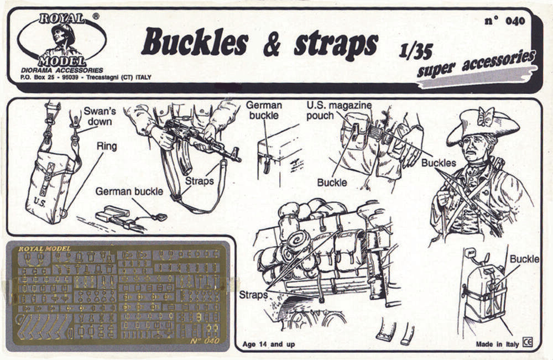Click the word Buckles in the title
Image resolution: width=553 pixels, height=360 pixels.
point(195,43)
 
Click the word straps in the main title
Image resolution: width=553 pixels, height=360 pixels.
point(336,46)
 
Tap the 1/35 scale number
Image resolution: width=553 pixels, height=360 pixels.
point(415,51)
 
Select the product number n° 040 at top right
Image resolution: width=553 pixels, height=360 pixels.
point(505,21)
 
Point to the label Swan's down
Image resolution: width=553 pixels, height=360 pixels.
point(100,116)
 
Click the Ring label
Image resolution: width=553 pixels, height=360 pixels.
point(106,146)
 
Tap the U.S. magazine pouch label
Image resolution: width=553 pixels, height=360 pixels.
point(338,110)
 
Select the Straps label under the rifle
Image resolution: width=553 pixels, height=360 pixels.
point(199,181)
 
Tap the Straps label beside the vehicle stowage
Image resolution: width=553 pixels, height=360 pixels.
point(253,295)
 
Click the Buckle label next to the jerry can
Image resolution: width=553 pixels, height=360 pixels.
point(524,259)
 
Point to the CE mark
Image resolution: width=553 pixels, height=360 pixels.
point(528,343)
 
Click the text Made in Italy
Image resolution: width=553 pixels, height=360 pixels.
point(497,344)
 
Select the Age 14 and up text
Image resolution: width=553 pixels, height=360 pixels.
point(268,344)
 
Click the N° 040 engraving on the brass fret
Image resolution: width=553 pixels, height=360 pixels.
point(205,341)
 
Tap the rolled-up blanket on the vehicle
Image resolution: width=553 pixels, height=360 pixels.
point(299,244)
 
